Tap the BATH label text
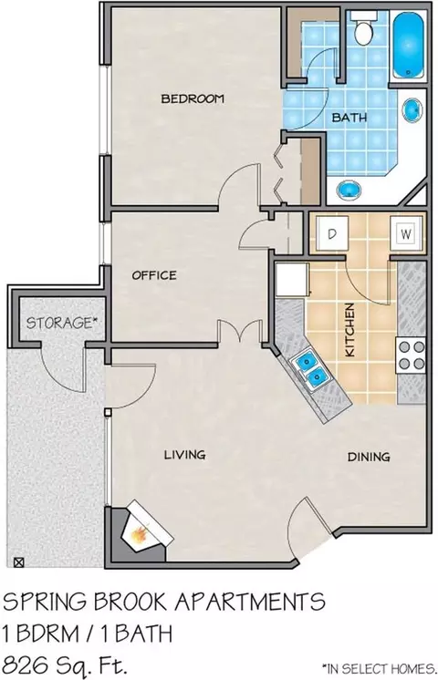[349, 117]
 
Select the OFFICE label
[154, 275]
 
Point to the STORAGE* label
[61, 323]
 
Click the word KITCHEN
[349, 330]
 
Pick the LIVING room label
[184, 455]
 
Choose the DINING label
[369, 457]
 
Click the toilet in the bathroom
[363, 28]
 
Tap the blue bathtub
[408, 45]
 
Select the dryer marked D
[332, 233]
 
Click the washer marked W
[405, 234]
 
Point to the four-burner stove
[411, 355]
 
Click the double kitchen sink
[312, 367]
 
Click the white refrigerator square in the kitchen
[292, 280]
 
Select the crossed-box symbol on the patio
[18, 562]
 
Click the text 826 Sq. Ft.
[66, 664]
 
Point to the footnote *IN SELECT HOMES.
[379, 668]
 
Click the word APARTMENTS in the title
[249, 602]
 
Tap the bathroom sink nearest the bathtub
[412, 110]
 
